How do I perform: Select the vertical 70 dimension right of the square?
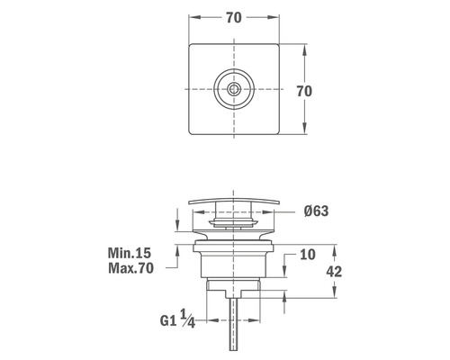(304, 91)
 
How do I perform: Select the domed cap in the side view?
(235, 202)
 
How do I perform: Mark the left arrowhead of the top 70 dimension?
(193, 17)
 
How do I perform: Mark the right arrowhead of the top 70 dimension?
(276, 17)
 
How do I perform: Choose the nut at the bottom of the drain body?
(235, 285)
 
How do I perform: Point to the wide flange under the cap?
(235, 241)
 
